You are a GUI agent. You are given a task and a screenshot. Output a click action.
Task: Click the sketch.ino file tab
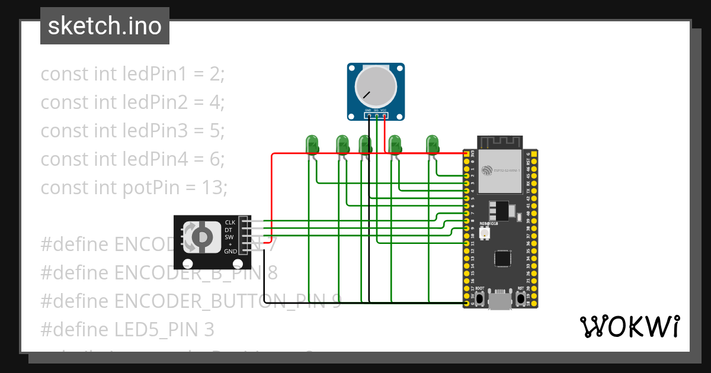click(105, 26)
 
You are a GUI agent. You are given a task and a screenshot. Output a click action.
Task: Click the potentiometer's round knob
click(375, 87)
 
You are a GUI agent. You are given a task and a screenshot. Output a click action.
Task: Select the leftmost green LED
click(312, 144)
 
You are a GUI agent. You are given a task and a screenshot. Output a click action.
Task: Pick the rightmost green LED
click(433, 144)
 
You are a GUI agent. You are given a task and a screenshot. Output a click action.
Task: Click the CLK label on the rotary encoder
click(230, 223)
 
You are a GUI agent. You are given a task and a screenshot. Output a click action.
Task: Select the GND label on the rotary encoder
click(230, 251)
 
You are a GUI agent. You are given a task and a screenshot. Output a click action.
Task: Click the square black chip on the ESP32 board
click(503, 258)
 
